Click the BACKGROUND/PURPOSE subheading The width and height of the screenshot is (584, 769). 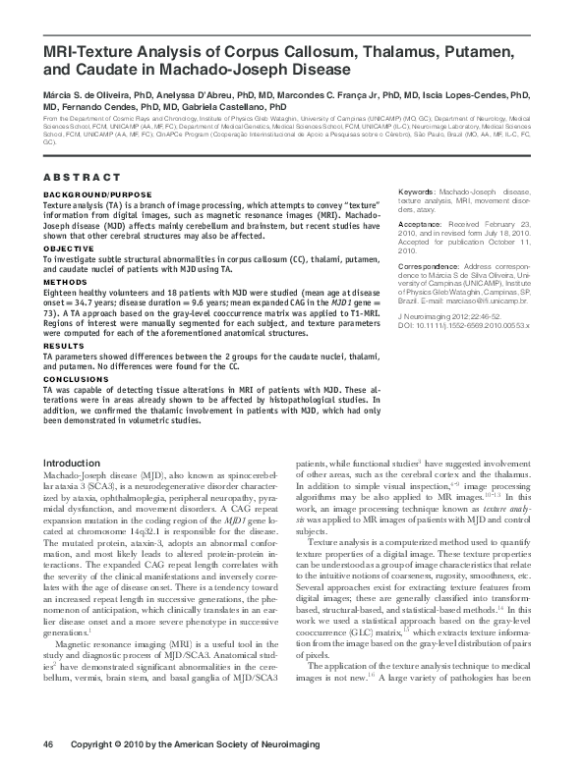(x=84, y=194)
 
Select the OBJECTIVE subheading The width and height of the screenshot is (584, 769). (x=63, y=249)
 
